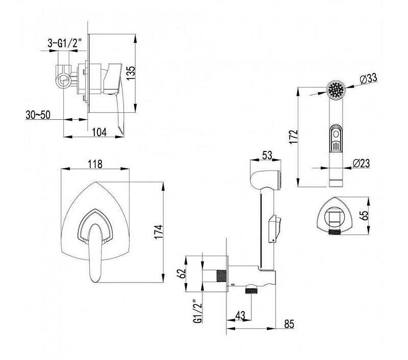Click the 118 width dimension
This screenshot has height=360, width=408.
coord(95,164)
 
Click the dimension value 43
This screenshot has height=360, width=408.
coord(241,316)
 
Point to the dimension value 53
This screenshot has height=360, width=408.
coord(266,155)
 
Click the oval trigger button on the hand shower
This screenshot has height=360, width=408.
coord(335,138)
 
